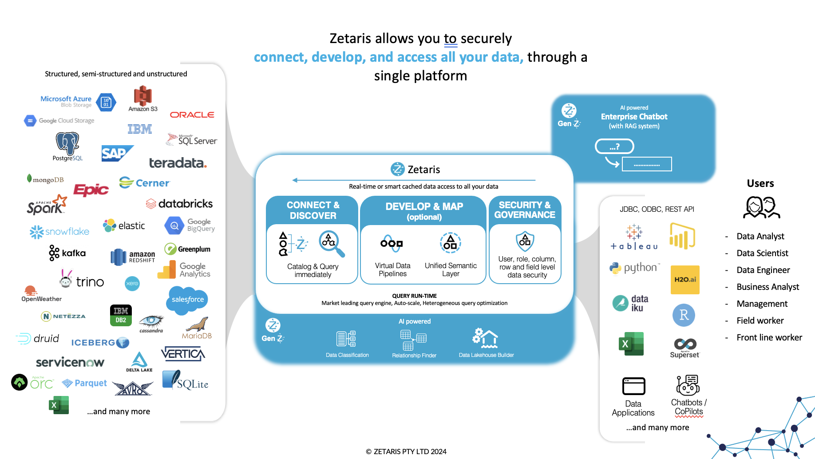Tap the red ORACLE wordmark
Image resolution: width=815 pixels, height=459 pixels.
[x=192, y=115]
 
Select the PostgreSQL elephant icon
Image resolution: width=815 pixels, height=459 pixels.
[x=67, y=143]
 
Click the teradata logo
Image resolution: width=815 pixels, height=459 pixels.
[x=178, y=163]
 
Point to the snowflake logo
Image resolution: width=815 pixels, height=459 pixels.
[x=59, y=232]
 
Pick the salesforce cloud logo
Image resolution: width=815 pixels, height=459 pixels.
[x=188, y=300]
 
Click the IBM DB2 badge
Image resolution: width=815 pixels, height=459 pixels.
[x=121, y=315]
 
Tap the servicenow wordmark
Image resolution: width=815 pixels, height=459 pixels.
[x=70, y=362]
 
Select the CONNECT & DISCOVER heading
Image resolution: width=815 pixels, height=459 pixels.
[x=313, y=210]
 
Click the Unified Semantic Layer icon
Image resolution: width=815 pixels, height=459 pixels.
[x=451, y=243]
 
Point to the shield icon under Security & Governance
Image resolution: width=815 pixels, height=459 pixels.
[x=525, y=241]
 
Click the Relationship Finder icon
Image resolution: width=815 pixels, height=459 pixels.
[x=413, y=340]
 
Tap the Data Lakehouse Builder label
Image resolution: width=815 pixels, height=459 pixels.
[x=486, y=355]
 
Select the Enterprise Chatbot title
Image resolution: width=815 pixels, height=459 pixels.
[x=634, y=117]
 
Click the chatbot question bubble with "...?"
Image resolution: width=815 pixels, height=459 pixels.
[x=614, y=146]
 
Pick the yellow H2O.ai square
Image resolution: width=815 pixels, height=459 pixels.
[x=685, y=280]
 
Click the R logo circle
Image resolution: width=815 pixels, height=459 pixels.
[x=684, y=315]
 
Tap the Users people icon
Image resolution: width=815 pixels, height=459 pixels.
[x=761, y=207]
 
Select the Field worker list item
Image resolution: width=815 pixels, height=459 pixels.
[x=760, y=321]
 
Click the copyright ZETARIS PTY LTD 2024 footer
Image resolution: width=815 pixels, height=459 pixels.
[x=406, y=451]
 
